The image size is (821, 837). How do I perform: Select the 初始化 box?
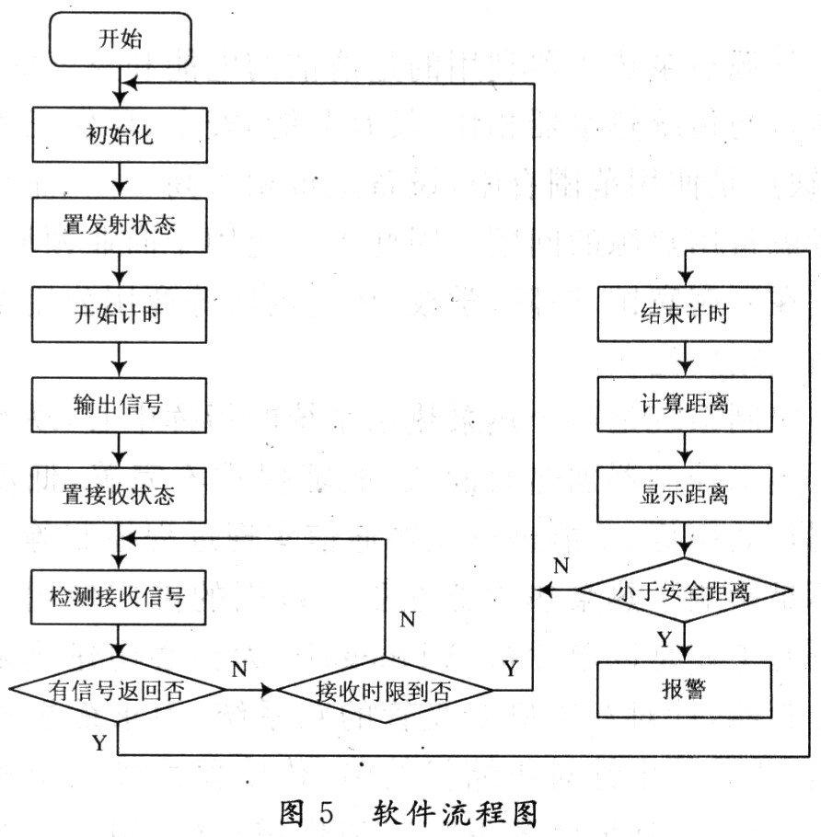click(119, 134)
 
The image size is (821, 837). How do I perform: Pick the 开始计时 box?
click(119, 314)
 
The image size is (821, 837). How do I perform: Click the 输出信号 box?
click(119, 404)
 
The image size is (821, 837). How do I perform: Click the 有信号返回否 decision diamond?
click(119, 689)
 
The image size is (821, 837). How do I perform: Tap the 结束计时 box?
click(684, 314)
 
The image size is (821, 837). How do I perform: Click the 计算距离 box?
click(684, 404)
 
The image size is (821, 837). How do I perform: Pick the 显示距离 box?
click(684, 494)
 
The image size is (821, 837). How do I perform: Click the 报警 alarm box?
click(684, 689)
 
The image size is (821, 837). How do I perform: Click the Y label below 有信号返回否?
click(98, 742)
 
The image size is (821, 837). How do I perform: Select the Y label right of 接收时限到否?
click(510, 669)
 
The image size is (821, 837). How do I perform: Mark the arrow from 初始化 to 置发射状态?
click(119, 178)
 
